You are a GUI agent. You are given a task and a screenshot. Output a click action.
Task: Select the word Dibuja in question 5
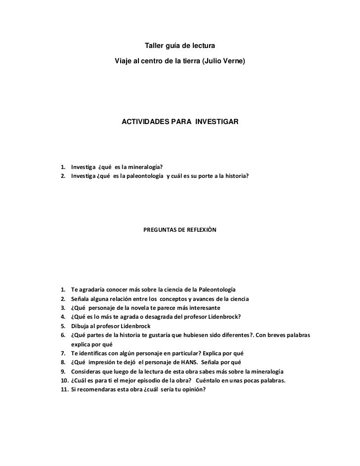point(81,326)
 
